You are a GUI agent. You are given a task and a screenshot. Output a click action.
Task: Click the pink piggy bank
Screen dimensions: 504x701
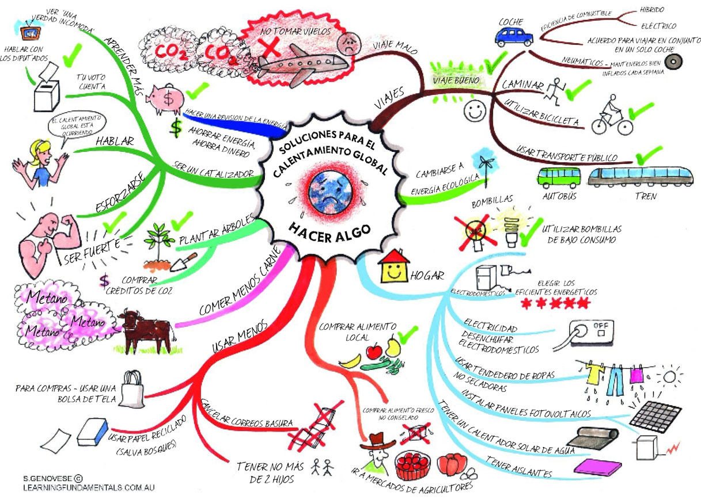click(x=165, y=98)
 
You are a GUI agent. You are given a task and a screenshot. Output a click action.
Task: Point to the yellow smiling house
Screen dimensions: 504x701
click(x=393, y=266)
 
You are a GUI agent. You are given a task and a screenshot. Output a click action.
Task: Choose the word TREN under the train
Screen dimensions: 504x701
click(x=646, y=196)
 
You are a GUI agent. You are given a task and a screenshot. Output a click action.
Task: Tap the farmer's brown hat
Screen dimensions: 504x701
click(x=377, y=442)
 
